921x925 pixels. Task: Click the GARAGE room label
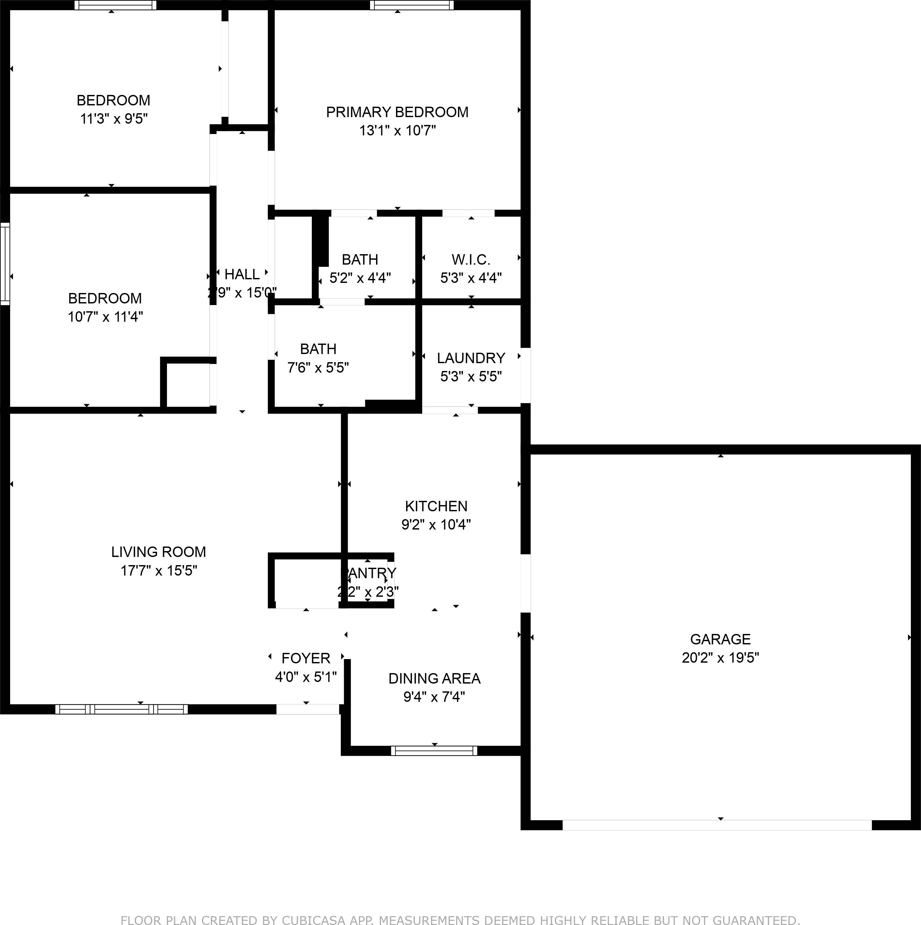[x=720, y=639]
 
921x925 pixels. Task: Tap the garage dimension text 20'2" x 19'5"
[x=720, y=658]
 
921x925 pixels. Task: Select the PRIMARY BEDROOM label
[x=397, y=112]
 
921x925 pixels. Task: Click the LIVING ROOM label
[x=159, y=552]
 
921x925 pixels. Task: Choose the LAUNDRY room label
[x=471, y=358]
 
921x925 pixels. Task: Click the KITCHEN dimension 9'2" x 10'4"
[x=436, y=525]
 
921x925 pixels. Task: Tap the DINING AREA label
[x=434, y=678]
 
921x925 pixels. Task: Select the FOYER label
[x=306, y=658]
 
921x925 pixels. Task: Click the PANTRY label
[x=369, y=573]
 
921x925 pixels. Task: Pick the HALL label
[x=242, y=274]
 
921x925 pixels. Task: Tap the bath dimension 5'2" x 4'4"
[x=360, y=278]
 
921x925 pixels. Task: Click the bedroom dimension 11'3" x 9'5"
[x=113, y=119]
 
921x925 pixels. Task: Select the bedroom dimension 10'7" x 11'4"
[x=105, y=316]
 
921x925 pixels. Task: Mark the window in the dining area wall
[x=434, y=751]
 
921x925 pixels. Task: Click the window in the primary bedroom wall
[x=412, y=5]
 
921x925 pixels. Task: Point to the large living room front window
[x=122, y=709]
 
